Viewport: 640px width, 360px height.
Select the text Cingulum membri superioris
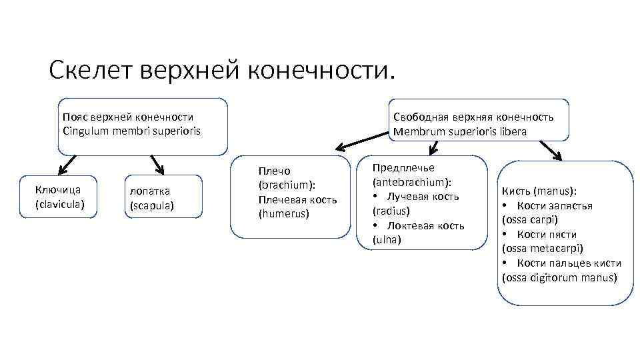point(131,131)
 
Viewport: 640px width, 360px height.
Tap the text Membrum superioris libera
point(460,131)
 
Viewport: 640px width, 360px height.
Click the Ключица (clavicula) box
point(60,197)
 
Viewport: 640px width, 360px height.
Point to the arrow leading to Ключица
point(67,163)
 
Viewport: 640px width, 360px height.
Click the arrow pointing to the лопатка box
point(157,164)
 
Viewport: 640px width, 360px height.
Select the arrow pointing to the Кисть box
point(550,151)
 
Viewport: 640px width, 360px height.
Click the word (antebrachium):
point(412,182)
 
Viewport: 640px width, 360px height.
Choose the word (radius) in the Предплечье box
point(391,211)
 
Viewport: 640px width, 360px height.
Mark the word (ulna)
point(387,239)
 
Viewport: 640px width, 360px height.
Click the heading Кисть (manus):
point(539,191)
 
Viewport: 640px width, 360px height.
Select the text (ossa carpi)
point(530,219)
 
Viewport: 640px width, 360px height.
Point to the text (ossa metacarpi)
point(542,248)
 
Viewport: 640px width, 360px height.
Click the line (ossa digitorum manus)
point(559,277)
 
